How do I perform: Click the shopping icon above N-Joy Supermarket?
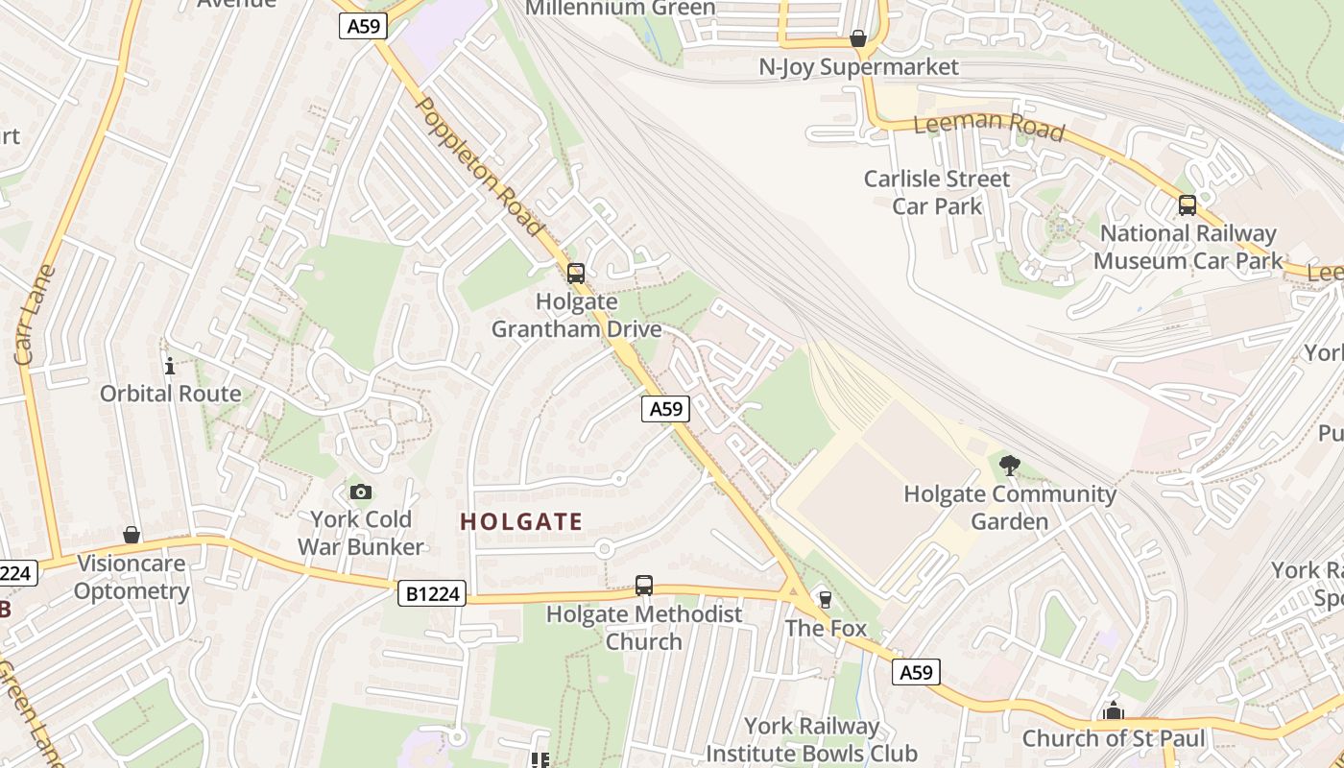[x=858, y=38]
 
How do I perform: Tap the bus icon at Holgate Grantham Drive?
[x=576, y=274]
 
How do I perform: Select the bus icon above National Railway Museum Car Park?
[x=1188, y=204]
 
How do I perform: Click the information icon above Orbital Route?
[x=170, y=366]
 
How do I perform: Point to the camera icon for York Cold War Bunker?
[x=361, y=492]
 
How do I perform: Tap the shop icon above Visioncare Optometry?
[x=132, y=535]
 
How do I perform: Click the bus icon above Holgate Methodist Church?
[x=644, y=585]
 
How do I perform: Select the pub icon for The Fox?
[x=825, y=600]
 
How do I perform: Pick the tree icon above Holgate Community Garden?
[x=1009, y=467]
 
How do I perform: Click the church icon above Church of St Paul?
[x=1114, y=711]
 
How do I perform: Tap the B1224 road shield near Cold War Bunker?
[x=432, y=594]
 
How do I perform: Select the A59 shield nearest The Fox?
[x=915, y=672]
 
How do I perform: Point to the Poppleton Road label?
[x=480, y=166]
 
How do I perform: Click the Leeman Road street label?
[x=989, y=125]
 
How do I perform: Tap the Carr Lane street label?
[x=36, y=315]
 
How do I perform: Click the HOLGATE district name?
[x=521, y=522]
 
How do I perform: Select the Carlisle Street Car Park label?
[x=937, y=192]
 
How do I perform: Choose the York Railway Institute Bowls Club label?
[x=811, y=740]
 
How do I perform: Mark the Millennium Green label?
[x=621, y=9]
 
